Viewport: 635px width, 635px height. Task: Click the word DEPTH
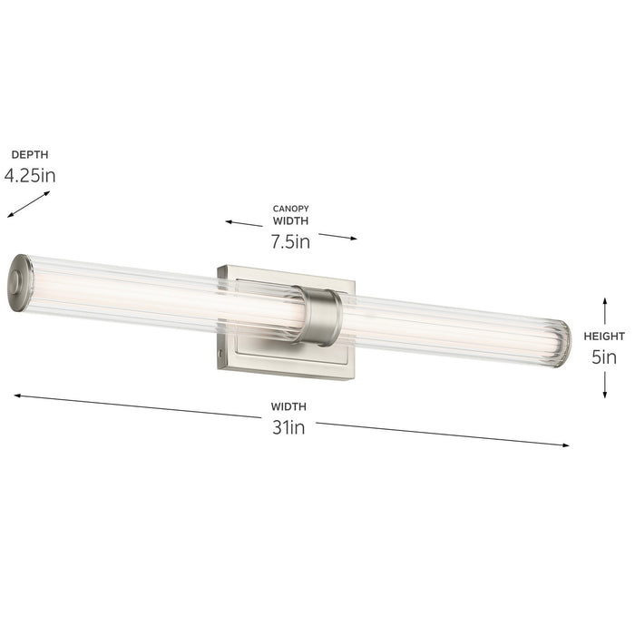(29, 155)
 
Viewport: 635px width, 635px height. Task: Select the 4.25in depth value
(30, 175)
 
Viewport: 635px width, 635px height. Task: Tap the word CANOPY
(290, 209)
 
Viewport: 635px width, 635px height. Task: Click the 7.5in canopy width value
(290, 241)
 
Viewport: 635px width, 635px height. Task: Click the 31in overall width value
(288, 427)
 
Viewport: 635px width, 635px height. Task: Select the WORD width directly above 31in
(288, 406)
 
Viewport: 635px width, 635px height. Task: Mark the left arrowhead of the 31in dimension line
(16, 396)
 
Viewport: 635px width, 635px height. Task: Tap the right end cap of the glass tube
(563, 343)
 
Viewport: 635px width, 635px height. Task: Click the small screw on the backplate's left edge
(221, 348)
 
